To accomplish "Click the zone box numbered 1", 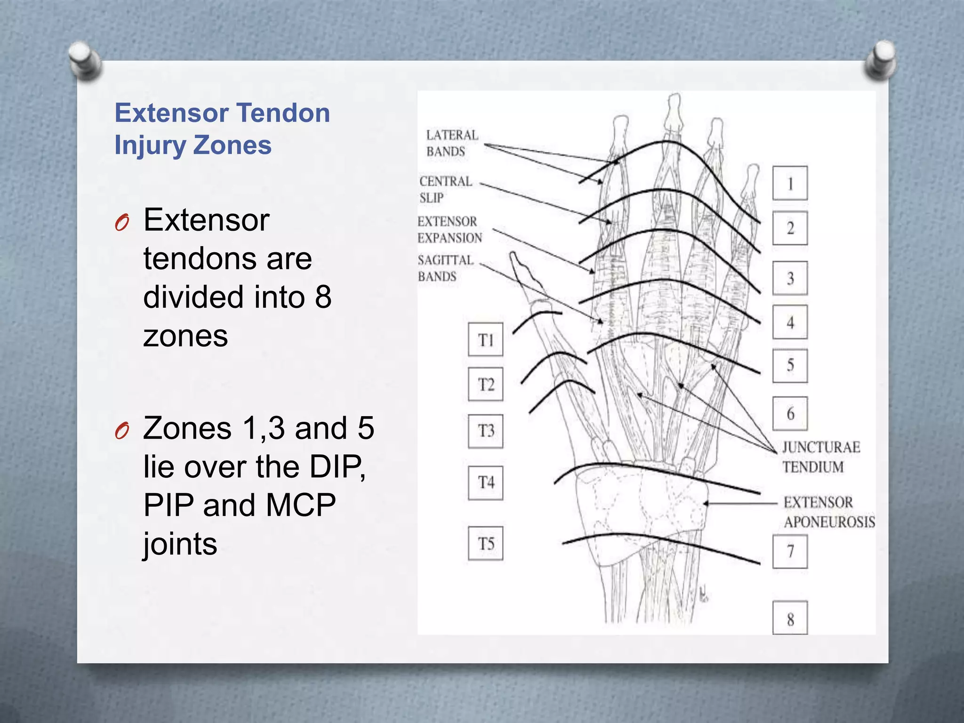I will pyautogui.click(x=790, y=183).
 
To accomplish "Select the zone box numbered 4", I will pyautogui.click(x=790, y=322).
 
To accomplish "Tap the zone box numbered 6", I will pyautogui.click(x=790, y=413).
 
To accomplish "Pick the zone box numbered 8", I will pyautogui.click(x=790, y=618).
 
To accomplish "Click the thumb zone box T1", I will pyautogui.click(x=485, y=339).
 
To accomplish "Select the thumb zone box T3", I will pyautogui.click(x=485, y=431).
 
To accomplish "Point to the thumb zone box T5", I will pyautogui.click(x=485, y=543).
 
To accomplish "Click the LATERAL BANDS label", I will pyautogui.click(x=451, y=143).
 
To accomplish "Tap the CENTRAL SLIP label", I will pyautogui.click(x=445, y=189).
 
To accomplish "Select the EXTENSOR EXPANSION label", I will pyautogui.click(x=450, y=230).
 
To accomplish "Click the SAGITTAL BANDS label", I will pyautogui.click(x=445, y=268).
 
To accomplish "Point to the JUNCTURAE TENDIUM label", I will pyautogui.click(x=821, y=457).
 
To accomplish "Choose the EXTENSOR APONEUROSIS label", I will pyautogui.click(x=828, y=512).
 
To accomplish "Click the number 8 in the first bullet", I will pyautogui.click(x=323, y=297).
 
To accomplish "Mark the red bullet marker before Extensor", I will pyautogui.click(x=122, y=222).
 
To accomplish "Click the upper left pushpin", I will pyautogui.click(x=85, y=59).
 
